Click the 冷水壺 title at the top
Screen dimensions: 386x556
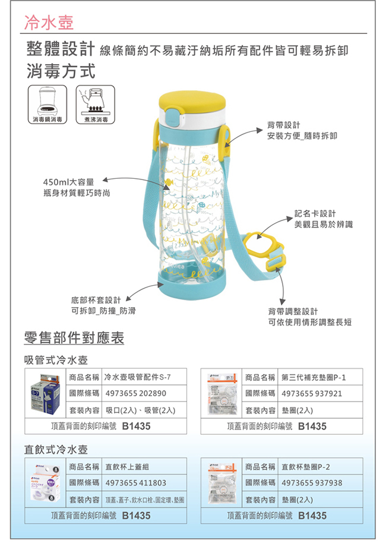click(x=49, y=23)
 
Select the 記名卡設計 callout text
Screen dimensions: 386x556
click(x=315, y=213)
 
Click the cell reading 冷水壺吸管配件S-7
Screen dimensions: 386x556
click(x=137, y=377)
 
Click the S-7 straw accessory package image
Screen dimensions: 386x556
click(x=45, y=393)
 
